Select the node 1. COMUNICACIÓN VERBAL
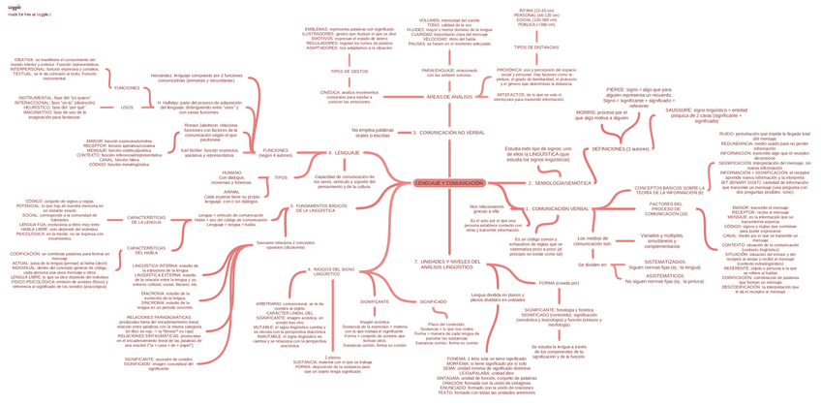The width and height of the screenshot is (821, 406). click(x=560, y=208)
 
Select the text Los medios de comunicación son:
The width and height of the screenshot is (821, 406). click(x=592, y=239)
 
